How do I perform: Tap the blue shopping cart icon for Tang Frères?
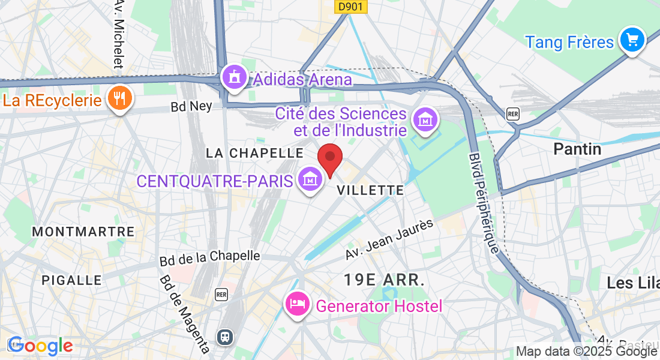pos(632,40)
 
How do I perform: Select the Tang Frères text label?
pos(569,42)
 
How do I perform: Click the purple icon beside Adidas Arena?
pos(234,77)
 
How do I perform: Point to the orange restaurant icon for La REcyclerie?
pos(120,98)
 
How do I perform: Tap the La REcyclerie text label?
pos(52,100)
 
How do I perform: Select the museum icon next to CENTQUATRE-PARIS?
pos(310,179)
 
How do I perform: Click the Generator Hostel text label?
pos(379,306)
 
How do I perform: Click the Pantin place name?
pos(577,149)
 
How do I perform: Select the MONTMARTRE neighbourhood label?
pos(83,232)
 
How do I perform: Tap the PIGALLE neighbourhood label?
pos(71,280)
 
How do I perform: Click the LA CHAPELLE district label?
pos(254,153)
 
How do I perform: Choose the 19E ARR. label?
pos(384,279)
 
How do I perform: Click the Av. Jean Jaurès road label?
pos(389,239)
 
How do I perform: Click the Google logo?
pos(40,346)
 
